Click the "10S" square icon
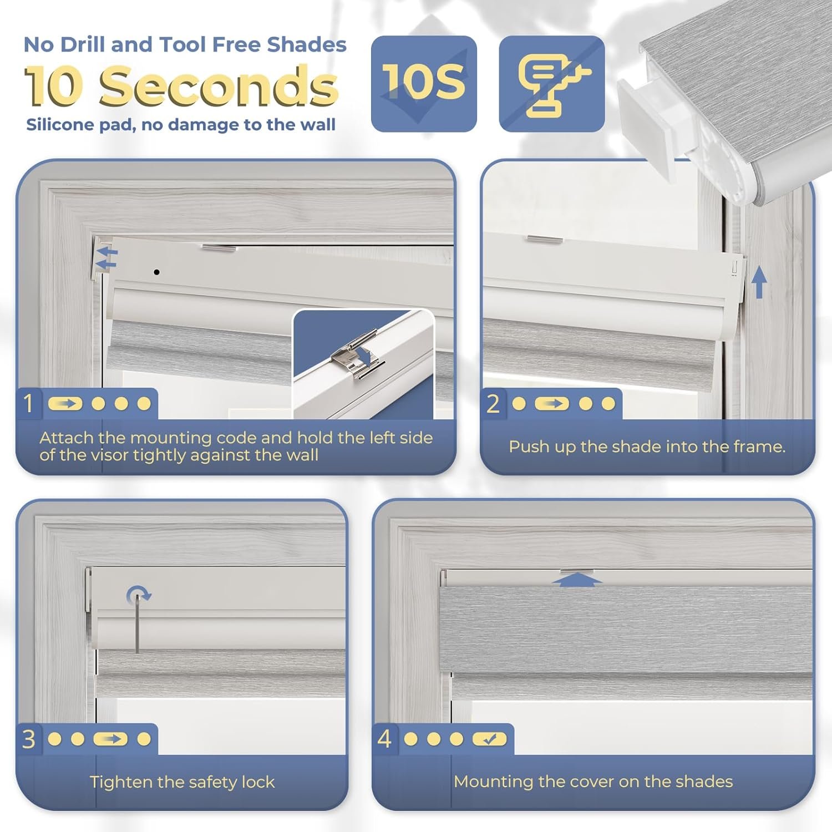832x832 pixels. (424, 84)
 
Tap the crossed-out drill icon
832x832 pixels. (552, 84)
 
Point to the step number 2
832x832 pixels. (493, 404)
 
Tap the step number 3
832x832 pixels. (29, 739)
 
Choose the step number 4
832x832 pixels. (384, 739)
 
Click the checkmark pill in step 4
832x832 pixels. (489, 739)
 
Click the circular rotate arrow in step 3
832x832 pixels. (138, 596)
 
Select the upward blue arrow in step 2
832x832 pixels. (759, 282)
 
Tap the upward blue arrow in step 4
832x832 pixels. (577, 580)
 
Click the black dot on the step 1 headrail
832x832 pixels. (157, 272)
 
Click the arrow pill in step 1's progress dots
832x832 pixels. (65, 403)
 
